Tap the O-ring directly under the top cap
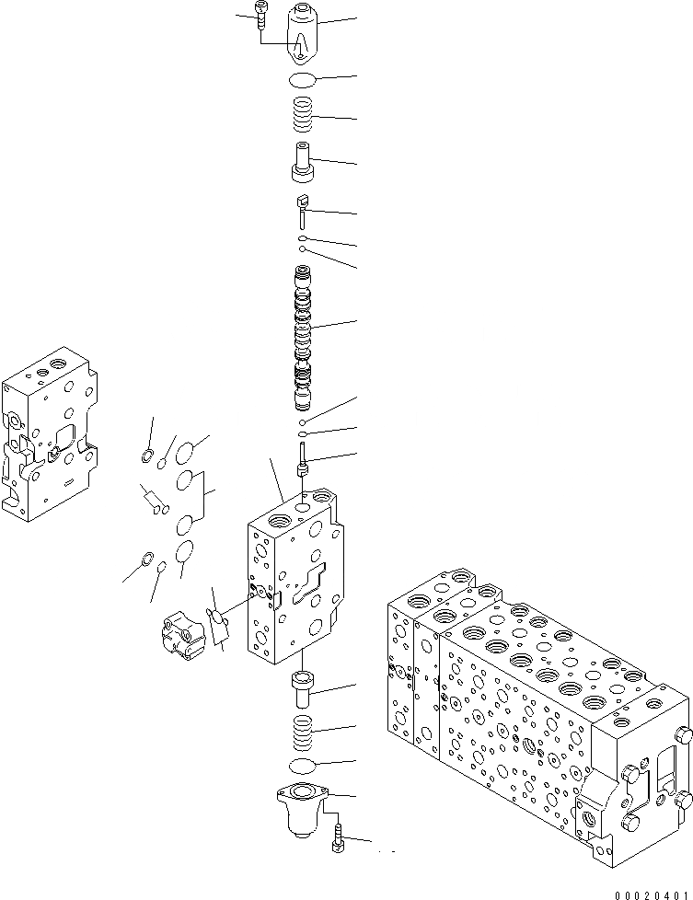pyautogui.click(x=303, y=79)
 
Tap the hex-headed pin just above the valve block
pyautogui.click(x=303, y=460)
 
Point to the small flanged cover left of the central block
pyautogui.click(x=182, y=636)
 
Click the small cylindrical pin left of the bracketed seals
pyautogui.click(x=153, y=501)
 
